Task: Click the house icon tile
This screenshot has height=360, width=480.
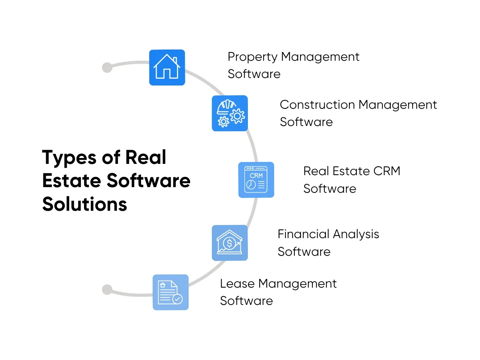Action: click(x=167, y=67)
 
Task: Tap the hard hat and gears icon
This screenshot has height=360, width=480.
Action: click(x=230, y=113)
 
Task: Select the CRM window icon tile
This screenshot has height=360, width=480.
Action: click(x=256, y=180)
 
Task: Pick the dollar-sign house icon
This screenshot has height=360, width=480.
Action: click(x=229, y=243)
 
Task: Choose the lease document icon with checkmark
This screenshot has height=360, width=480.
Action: click(x=170, y=292)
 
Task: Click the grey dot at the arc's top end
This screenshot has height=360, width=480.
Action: click(x=107, y=67)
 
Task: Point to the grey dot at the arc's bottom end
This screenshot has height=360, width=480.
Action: click(x=107, y=289)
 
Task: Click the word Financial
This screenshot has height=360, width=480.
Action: click(x=303, y=234)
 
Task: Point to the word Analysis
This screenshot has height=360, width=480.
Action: click(x=356, y=234)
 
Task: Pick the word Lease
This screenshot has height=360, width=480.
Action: click(x=237, y=283)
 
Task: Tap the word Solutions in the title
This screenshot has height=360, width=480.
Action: click(x=85, y=204)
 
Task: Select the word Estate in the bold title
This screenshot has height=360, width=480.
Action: click(x=71, y=181)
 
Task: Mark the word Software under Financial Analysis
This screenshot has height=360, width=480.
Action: click(x=304, y=252)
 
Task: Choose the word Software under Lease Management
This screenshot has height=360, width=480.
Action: click(x=246, y=301)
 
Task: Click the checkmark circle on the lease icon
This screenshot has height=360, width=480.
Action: click(x=177, y=299)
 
